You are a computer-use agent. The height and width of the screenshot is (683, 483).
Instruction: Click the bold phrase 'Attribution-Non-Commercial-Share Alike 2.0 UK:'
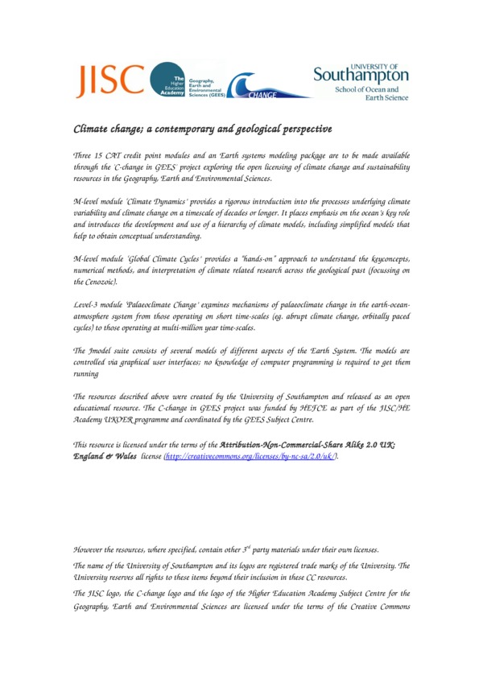tap(308, 444)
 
